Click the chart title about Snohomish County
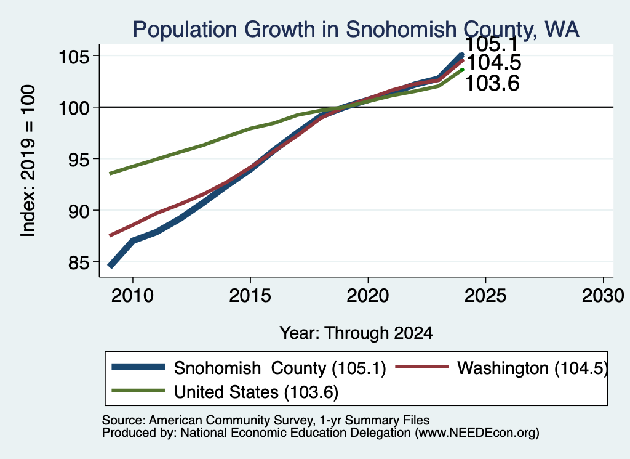point(356,30)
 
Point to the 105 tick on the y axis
point(74,56)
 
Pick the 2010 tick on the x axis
point(133,296)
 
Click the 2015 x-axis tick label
point(250,296)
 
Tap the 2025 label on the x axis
point(485,296)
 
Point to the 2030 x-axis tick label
point(603,296)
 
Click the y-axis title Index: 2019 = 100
point(28,161)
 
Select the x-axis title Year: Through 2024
point(356,333)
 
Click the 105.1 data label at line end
point(492,44)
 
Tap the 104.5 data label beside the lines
point(494,62)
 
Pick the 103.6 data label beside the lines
point(492,84)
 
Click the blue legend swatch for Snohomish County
point(138,367)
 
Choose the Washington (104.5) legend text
point(533,368)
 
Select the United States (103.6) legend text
point(257,392)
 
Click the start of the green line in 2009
point(110,174)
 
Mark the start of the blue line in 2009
point(110,266)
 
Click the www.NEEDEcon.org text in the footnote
point(477,433)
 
